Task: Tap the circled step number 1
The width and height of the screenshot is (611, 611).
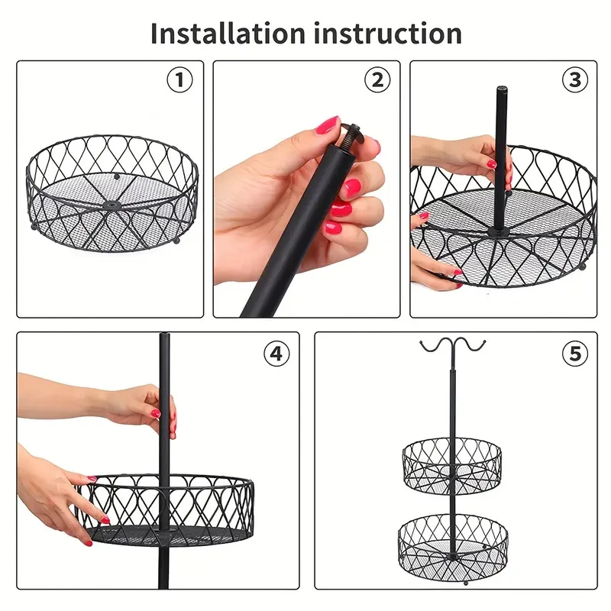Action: (x=179, y=80)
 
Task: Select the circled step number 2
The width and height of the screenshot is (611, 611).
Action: (x=377, y=80)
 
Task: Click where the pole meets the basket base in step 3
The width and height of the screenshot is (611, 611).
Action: (x=499, y=227)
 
